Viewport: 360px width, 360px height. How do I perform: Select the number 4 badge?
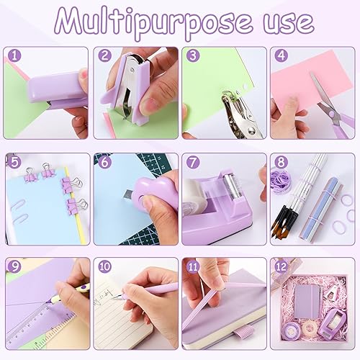[279, 55]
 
